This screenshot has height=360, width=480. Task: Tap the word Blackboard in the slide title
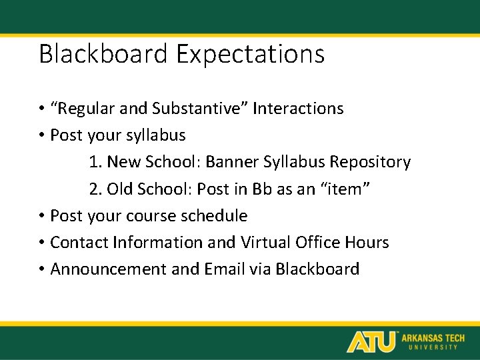click(104, 54)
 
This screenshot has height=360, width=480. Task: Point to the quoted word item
click(345, 189)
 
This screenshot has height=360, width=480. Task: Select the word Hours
click(366, 243)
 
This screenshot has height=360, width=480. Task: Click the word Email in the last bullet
click(225, 269)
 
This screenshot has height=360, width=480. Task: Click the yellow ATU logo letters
click(371, 341)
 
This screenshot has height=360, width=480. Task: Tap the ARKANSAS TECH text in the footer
click(432, 338)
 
